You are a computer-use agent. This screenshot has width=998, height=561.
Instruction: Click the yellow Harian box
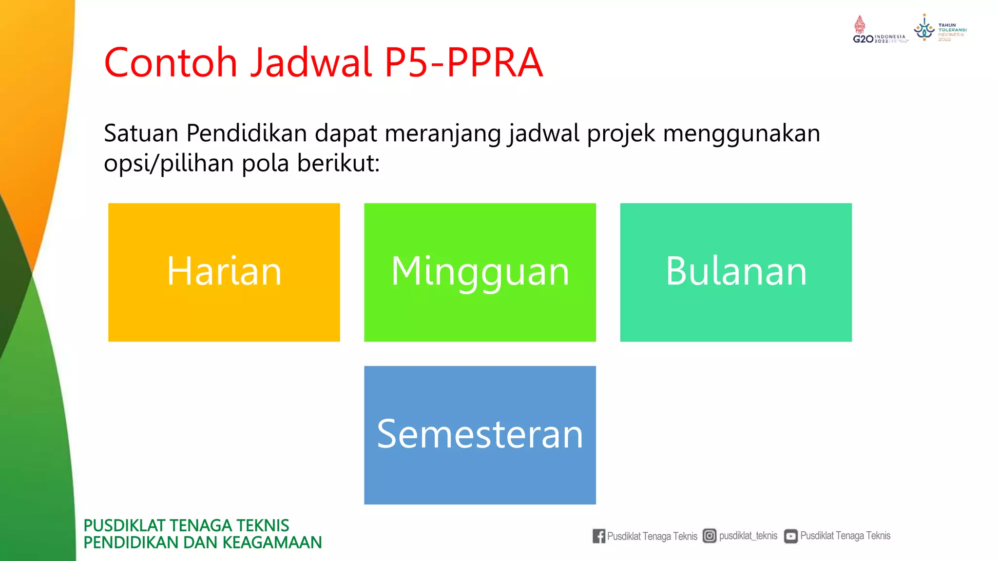224,272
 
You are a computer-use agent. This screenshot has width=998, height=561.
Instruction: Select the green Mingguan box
480,272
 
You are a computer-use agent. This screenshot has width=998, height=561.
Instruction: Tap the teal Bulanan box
736,272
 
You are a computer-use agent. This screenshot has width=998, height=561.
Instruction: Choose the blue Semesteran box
480,435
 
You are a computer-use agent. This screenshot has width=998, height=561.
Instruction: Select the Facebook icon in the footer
599,536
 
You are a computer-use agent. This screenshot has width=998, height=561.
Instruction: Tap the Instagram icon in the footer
710,536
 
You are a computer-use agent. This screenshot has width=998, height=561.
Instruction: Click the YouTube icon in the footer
790,536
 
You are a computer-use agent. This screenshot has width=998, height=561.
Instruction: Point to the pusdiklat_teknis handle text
748,536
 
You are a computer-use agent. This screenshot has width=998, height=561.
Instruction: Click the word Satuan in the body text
141,133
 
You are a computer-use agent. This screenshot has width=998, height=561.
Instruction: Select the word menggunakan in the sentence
741,134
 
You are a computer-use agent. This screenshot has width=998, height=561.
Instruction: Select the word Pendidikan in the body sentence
246,133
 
